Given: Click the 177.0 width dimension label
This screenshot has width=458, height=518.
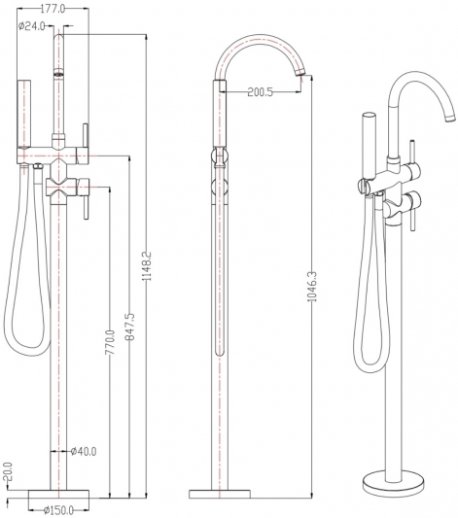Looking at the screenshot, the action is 53,9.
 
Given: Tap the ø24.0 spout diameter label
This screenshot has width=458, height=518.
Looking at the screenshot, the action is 32,26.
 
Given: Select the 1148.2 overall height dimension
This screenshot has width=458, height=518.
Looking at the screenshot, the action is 147,266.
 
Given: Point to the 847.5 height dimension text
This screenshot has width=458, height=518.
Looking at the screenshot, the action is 129,328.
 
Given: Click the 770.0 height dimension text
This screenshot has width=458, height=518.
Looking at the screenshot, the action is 110,342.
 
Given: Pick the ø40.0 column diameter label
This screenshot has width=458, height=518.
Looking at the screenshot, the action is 84,451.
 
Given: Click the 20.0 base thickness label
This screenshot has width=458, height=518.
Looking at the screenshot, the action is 8,472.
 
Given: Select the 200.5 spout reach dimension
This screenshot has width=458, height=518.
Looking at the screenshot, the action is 261,92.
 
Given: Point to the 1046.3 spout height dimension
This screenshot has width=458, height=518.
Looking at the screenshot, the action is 312,287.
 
